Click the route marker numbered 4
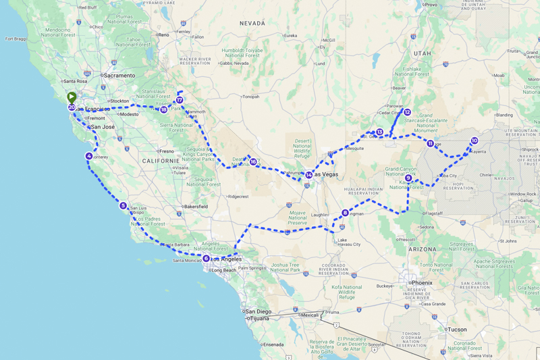[x=89, y=156]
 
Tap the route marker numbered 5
[x=123, y=205]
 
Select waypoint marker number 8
[x=345, y=213]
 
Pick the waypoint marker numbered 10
[x=475, y=140]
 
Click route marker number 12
[x=407, y=112]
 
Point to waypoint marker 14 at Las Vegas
[x=308, y=175]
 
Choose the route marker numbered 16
[x=253, y=161]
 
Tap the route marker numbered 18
[x=164, y=109]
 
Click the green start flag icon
[x=72, y=97]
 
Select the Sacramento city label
[x=119, y=76]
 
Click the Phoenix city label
[x=422, y=282]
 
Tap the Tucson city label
[x=457, y=330]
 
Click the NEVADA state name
[x=252, y=24]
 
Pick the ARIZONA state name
[x=422, y=249]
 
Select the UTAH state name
[x=423, y=53]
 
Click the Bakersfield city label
[x=196, y=206]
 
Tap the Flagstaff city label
[x=433, y=213]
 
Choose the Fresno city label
[x=167, y=151]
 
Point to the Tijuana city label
[x=260, y=318]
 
